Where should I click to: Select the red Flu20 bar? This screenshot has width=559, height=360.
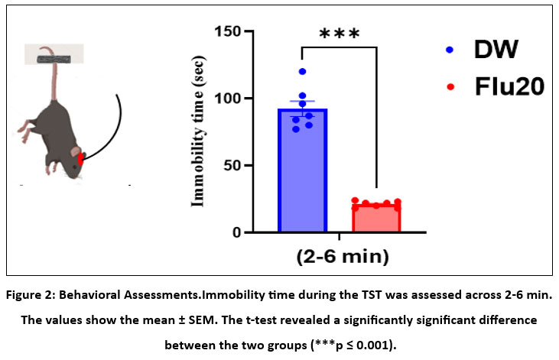[376, 219]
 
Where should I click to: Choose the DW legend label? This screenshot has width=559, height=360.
[497, 50]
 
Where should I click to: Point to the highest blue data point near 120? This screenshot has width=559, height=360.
[303, 72]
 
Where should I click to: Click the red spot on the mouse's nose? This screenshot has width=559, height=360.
[82, 159]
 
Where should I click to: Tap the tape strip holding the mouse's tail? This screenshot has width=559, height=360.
[54, 54]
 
